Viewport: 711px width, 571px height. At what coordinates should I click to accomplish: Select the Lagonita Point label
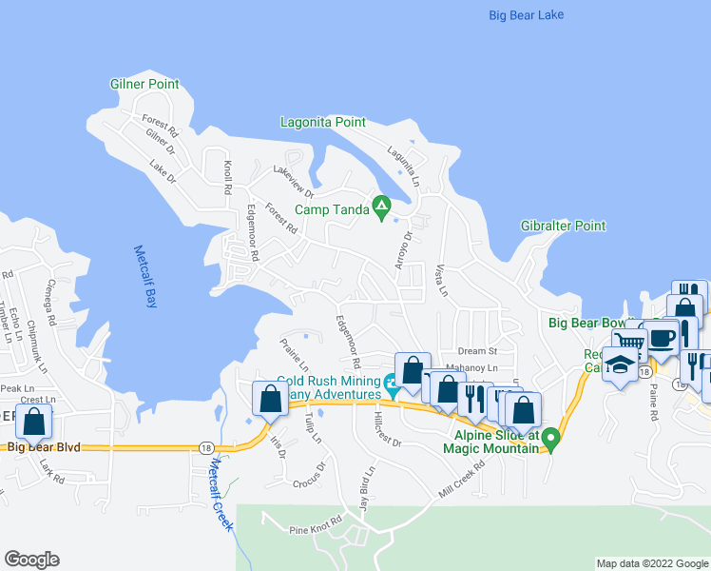(x=323, y=122)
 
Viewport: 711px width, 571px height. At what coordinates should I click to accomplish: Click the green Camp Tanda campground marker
(x=381, y=205)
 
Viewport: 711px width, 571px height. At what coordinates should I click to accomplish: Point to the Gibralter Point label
(x=563, y=226)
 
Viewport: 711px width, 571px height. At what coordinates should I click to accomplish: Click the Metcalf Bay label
(x=144, y=278)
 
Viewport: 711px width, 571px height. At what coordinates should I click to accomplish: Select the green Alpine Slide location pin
(x=550, y=440)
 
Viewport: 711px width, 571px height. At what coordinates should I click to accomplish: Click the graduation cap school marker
(x=621, y=365)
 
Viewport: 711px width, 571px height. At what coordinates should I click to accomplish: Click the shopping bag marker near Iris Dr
(x=270, y=399)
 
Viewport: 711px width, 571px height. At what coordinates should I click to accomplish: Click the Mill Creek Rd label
(x=461, y=480)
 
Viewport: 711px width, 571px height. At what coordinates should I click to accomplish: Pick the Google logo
(x=31, y=560)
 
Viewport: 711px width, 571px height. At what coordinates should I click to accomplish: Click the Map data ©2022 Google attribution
(x=651, y=563)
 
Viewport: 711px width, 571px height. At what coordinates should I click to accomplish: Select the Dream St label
(x=477, y=351)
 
